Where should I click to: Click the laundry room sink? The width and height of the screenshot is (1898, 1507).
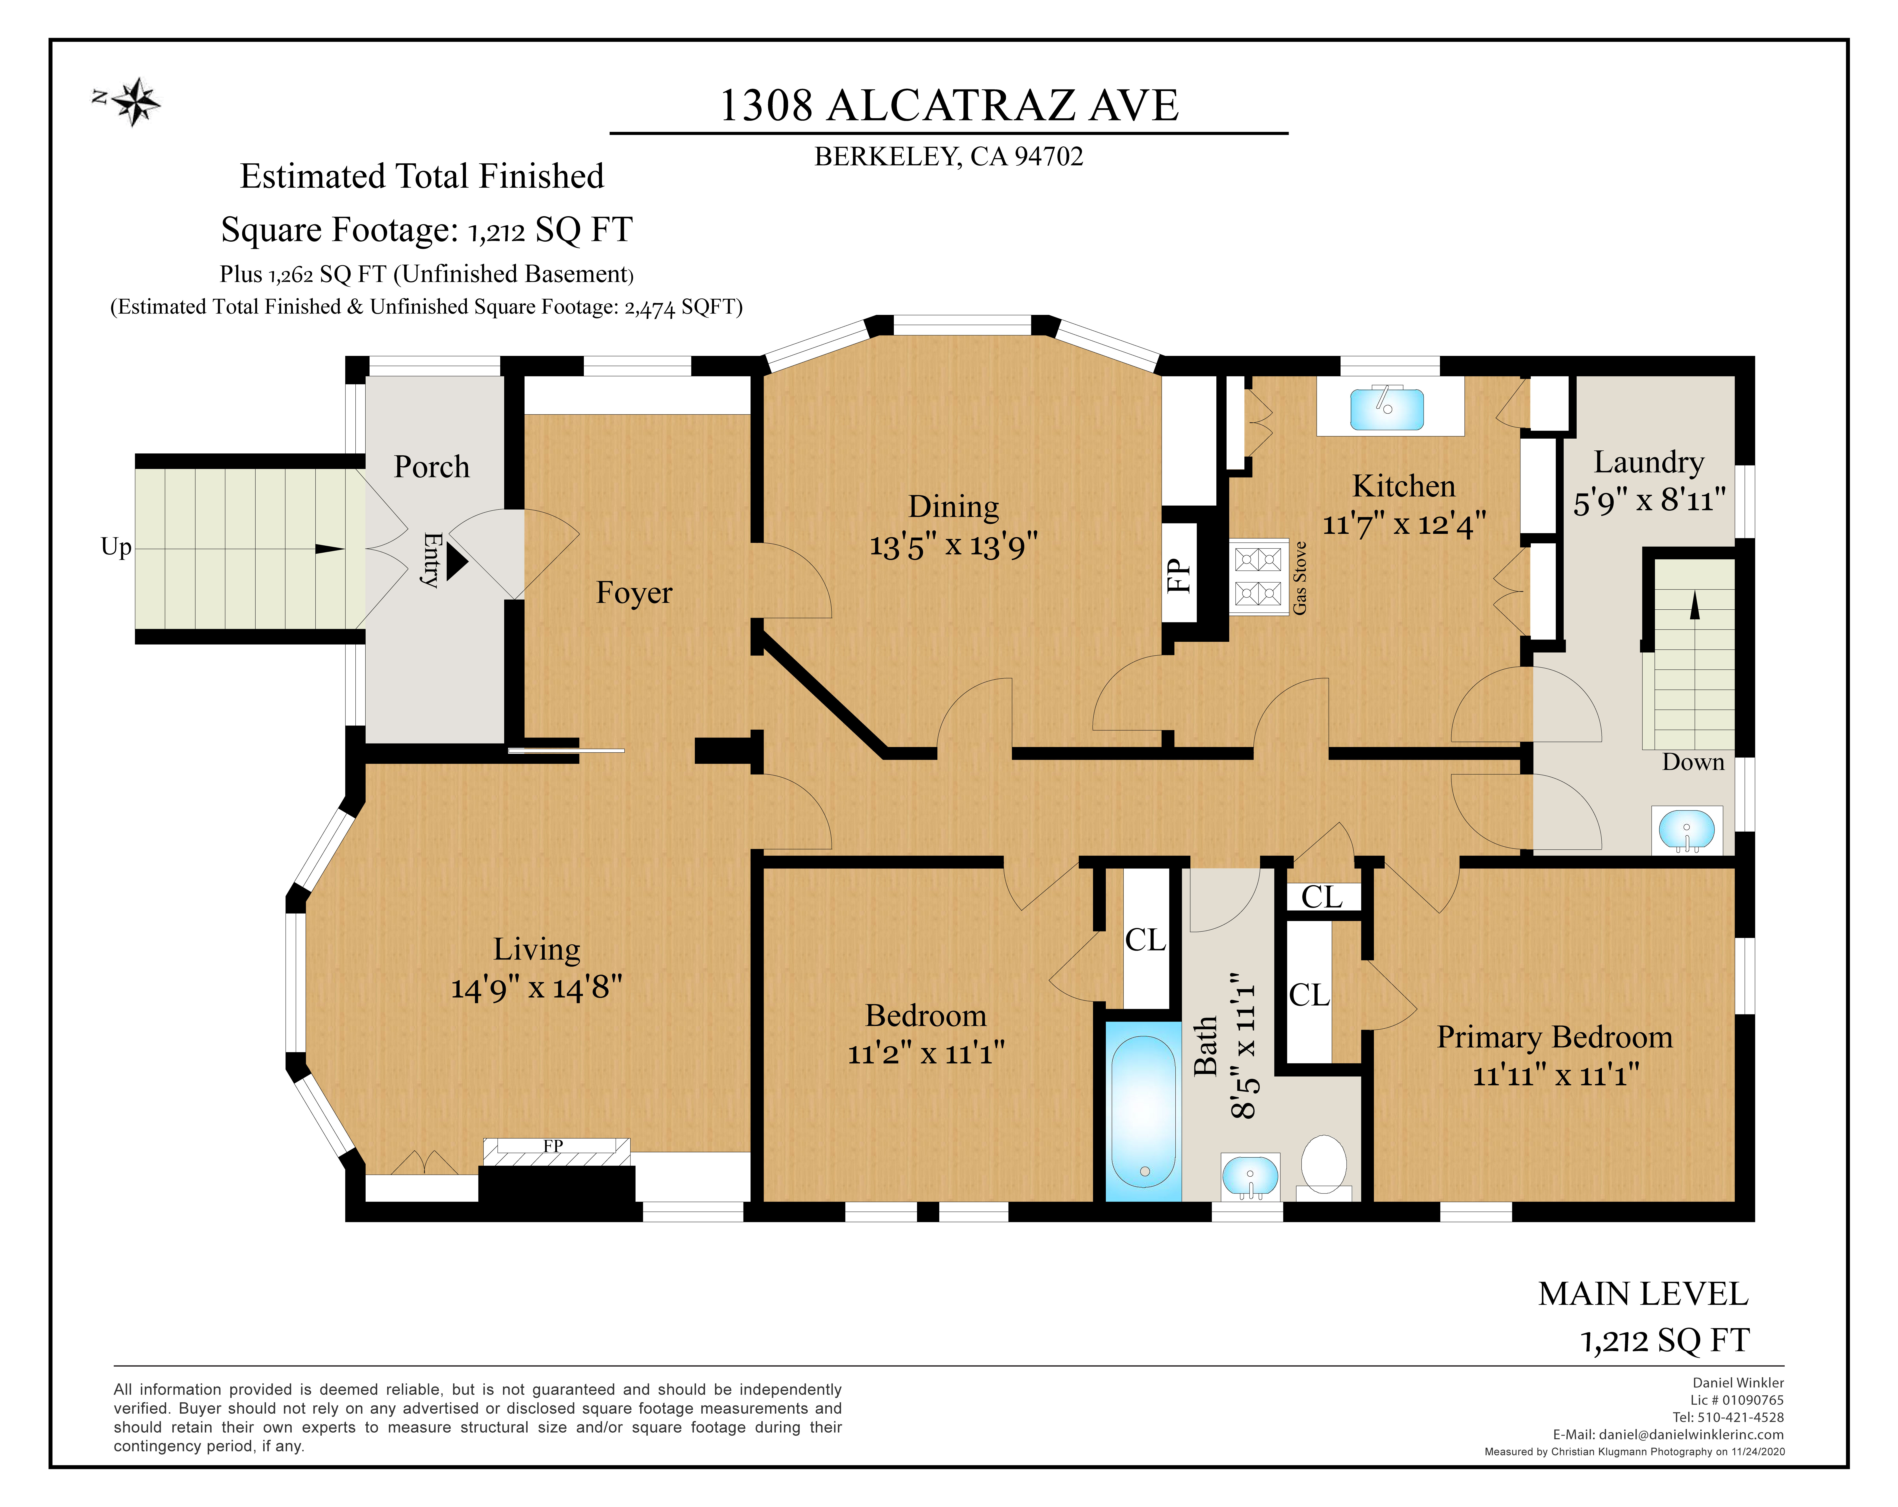point(1687,829)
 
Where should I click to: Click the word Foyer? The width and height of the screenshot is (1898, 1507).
point(634,592)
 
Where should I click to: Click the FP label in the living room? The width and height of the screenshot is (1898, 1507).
point(553,1145)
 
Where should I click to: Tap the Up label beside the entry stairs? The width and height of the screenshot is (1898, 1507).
point(116,548)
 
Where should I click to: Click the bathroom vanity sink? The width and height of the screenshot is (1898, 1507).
point(1250,1175)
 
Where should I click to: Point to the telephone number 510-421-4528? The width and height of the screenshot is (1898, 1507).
point(1740,1417)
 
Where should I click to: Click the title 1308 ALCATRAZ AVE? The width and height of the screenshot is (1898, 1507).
point(949,106)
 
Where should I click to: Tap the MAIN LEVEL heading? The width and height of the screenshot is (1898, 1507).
point(1643,1294)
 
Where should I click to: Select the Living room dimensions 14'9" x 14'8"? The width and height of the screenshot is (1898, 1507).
point(536,988)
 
